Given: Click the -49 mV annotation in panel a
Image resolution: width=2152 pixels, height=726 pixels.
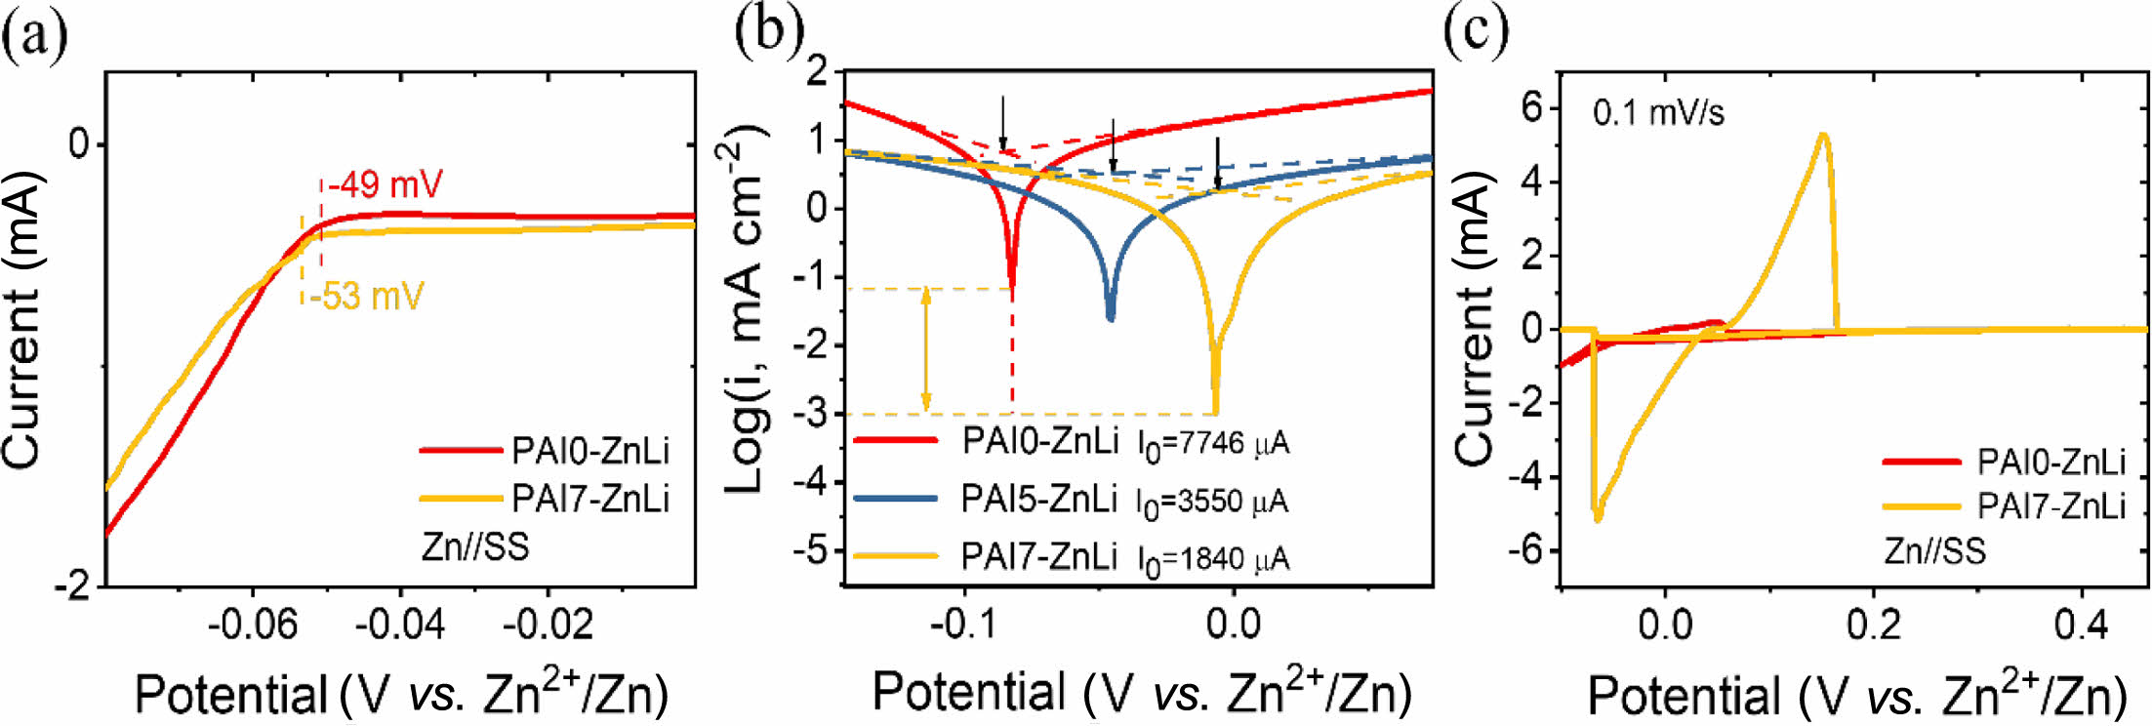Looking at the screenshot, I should [386, 183].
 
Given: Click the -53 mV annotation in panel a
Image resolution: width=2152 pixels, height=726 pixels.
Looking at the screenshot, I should [367, 295].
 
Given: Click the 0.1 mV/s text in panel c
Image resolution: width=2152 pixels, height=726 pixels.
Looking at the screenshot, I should [1658, 113].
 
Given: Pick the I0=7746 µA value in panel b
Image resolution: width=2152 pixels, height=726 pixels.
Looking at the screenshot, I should [1212, 444].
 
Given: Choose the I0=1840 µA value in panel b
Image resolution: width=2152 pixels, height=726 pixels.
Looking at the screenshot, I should [1212, 559].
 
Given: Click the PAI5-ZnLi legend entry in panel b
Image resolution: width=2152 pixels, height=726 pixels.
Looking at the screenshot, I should [1038, 500].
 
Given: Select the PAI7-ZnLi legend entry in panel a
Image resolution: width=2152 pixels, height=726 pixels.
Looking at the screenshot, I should [590, 499].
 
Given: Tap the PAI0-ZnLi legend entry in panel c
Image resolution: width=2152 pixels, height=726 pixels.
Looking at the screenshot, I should [2050, 462].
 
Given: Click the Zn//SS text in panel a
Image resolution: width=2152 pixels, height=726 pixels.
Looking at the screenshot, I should [475, 546].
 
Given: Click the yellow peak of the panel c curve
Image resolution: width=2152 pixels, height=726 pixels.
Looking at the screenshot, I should [1822, 135].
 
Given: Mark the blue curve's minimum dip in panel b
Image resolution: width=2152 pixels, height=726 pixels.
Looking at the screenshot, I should [1111, 317].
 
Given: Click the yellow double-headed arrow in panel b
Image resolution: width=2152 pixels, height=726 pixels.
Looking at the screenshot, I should [926, 349].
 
